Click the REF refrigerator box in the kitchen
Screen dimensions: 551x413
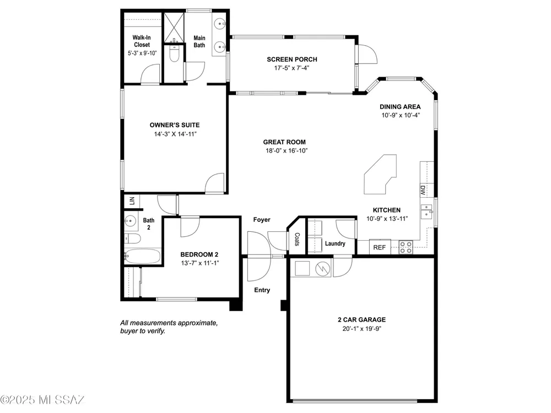(380, 247)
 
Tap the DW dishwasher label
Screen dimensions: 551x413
(423, 191)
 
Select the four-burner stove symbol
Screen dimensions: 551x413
(406, 247)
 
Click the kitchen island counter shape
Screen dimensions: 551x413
(380, 174)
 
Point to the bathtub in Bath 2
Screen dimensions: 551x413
(143, 257)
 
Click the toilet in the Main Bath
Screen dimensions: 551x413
(174, 53)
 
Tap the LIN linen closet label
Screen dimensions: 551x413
(132, 201)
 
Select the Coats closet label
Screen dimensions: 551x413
(297, 239)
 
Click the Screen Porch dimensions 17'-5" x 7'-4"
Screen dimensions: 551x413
(291, 68)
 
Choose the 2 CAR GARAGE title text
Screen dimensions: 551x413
(361, 319)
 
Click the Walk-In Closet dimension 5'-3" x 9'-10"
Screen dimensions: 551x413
(142, 53)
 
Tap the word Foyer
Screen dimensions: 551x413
(262, 220)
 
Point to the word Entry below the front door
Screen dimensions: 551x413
(262, 290)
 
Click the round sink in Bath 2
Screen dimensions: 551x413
(129, 221)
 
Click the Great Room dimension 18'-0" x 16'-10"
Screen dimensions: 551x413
(287, 151)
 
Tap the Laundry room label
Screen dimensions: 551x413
(335, 243)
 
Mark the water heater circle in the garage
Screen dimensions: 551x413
(323, 269)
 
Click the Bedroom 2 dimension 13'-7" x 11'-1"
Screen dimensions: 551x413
(200, 263)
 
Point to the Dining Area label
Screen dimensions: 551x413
(400, 107)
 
